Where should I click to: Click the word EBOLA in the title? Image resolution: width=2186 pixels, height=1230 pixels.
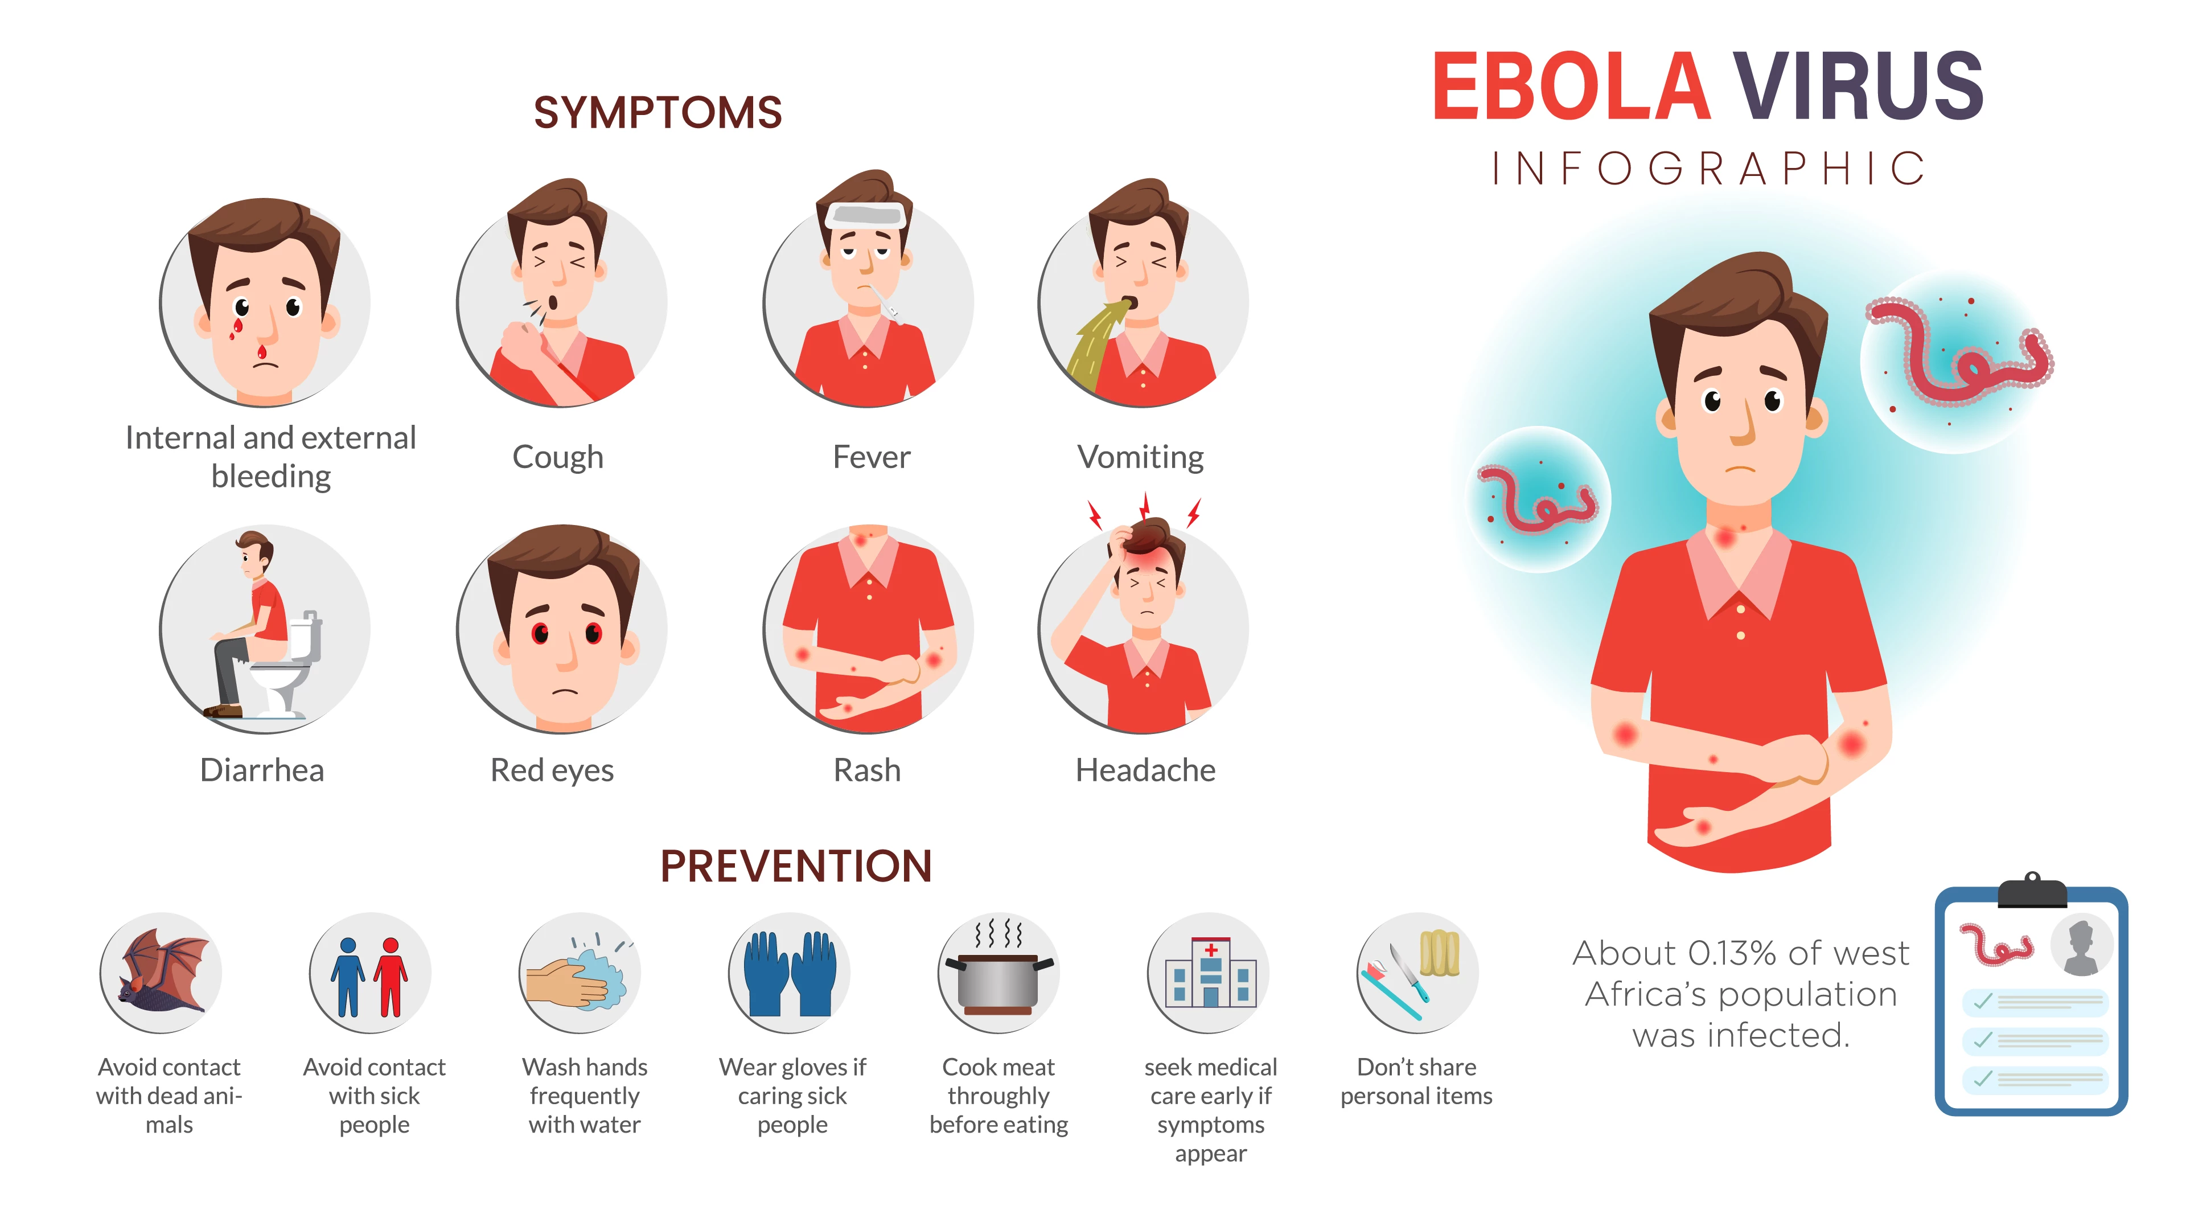[x=1571, y=86]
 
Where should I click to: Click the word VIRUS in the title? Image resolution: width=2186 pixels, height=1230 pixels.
[x=1858, y=86]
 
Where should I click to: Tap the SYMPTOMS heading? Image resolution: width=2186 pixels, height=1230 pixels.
[x=658, y=113]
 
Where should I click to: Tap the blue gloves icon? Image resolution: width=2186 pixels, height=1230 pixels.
[x=790, y=974]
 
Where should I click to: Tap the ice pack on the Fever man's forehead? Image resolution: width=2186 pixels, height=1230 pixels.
[x=865, y=215]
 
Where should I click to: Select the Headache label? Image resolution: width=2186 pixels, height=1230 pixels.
[x=1145, y=770]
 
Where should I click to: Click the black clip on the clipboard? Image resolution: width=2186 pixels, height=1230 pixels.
[x=2032, y=891]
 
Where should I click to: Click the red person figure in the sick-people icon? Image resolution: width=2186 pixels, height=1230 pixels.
[x=391, y=976]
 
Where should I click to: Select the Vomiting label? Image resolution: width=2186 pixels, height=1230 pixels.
[x=1140, y=457]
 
